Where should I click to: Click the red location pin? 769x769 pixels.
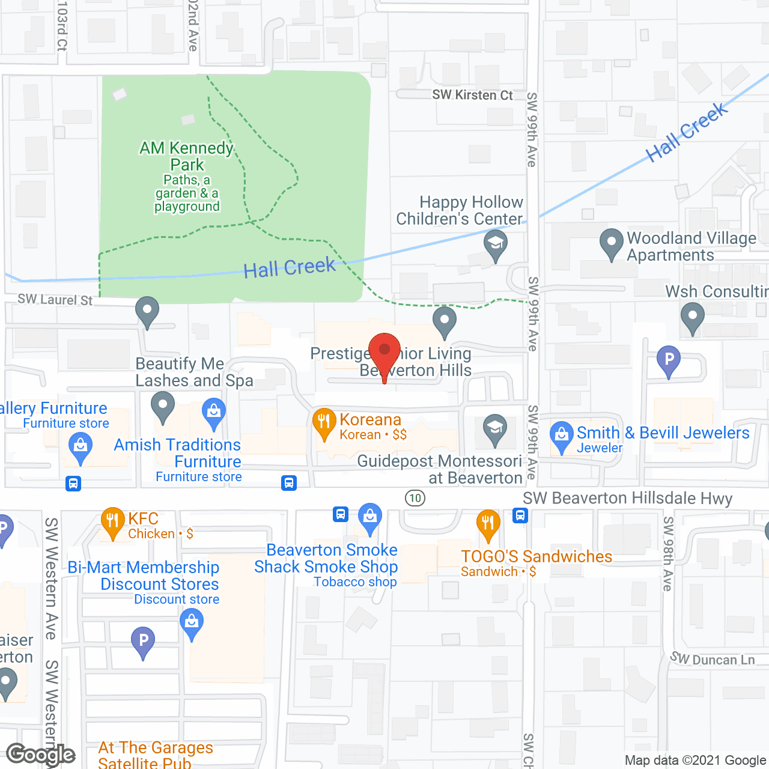(384, 351)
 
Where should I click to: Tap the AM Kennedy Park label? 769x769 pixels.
(187, 156)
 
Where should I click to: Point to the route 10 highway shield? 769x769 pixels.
(415, 498)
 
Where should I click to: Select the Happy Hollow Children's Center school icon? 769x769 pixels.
(496, 245)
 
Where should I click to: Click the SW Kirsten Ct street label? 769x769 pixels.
(472, 95)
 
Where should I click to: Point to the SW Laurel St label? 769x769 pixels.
(55, 299)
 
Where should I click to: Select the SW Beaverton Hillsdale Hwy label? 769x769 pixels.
(627, 499)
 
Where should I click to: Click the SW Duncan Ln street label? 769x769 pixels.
(713, 659)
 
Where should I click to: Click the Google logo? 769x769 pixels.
(40, 755)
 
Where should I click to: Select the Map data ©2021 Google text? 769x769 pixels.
(695, 761)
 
